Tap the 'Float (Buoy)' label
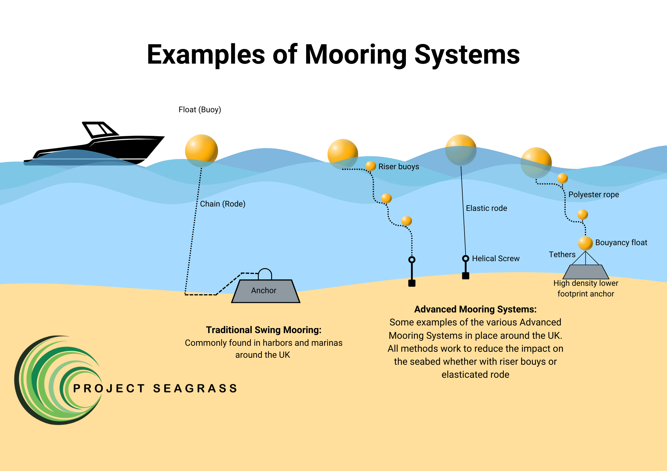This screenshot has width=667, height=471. pyautogui.click(x=200, y=110)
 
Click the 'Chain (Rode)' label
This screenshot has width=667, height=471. pyautogui.click(x=223, y=204)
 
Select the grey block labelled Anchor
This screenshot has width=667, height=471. pyautogui.click(x=265, y=291)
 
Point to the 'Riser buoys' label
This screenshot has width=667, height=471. pyautogui.click(x=399, y=167)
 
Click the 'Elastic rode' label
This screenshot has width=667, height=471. pyautogui.click(x=486, y=208)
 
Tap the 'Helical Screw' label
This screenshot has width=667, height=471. pyautogui.click(x=496, y=258)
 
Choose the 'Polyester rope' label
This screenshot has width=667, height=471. pyautogui.click(x=594, y=195)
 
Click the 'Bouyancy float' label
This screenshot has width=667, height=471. pyautogui.click(x=621, y=242)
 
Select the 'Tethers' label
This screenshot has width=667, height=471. pyautogui.click(x=562, y=254)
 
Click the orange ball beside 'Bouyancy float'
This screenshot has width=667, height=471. pyautogui.click(x=585, y=243)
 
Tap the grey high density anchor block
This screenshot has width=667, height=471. pyautogui.click(x=586, y=272)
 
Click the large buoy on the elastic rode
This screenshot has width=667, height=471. pyautogui.click(x=461, y=150)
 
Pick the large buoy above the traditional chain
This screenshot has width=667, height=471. pyautogui.click(x=201, y=151)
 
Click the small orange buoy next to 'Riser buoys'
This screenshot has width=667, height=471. pyautogui.click(x=371, y=166)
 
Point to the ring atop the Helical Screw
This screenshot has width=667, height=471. pyautogui.click(x=466, y=258)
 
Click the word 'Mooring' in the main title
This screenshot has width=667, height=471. pyautogui.click(x=356, y=55)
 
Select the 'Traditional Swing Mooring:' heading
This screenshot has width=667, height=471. pyautogui.click(x=263, y=330)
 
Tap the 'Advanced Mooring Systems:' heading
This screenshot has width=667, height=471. pyautogui.click(x=475, y=309)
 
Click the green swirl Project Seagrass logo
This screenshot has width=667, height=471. pyautogui.click(x=58, y=380)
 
